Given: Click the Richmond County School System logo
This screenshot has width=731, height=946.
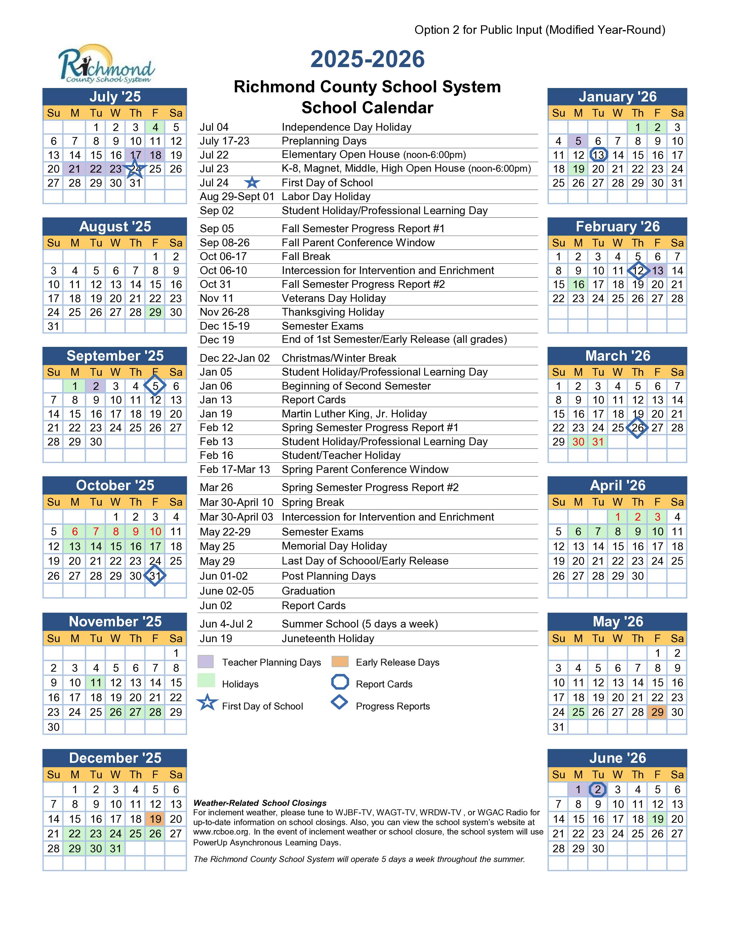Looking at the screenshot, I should pos(106,64).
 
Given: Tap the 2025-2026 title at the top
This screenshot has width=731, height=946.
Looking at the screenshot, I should pos(367,59).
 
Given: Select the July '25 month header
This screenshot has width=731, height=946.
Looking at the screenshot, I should pos(115,97).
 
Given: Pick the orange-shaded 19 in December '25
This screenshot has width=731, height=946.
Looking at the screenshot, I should pos(155,819).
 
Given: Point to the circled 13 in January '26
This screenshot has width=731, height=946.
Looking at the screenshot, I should pos(598,155).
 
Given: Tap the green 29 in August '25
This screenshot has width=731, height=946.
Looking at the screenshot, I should pos(155,312).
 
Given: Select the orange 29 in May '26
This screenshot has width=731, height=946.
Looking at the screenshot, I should pos(657,712).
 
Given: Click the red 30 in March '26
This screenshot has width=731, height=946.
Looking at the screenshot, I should pos(578,442).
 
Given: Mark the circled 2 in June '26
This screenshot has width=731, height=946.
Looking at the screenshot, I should pos(598,790).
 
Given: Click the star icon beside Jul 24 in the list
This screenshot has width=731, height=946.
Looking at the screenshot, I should pos(252,183).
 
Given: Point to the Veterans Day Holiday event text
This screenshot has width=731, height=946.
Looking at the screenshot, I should pos(333,298).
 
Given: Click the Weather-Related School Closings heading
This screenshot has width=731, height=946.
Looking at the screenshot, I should pos(260,803).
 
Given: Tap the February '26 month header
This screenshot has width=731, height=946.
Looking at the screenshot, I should pos(617,226).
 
